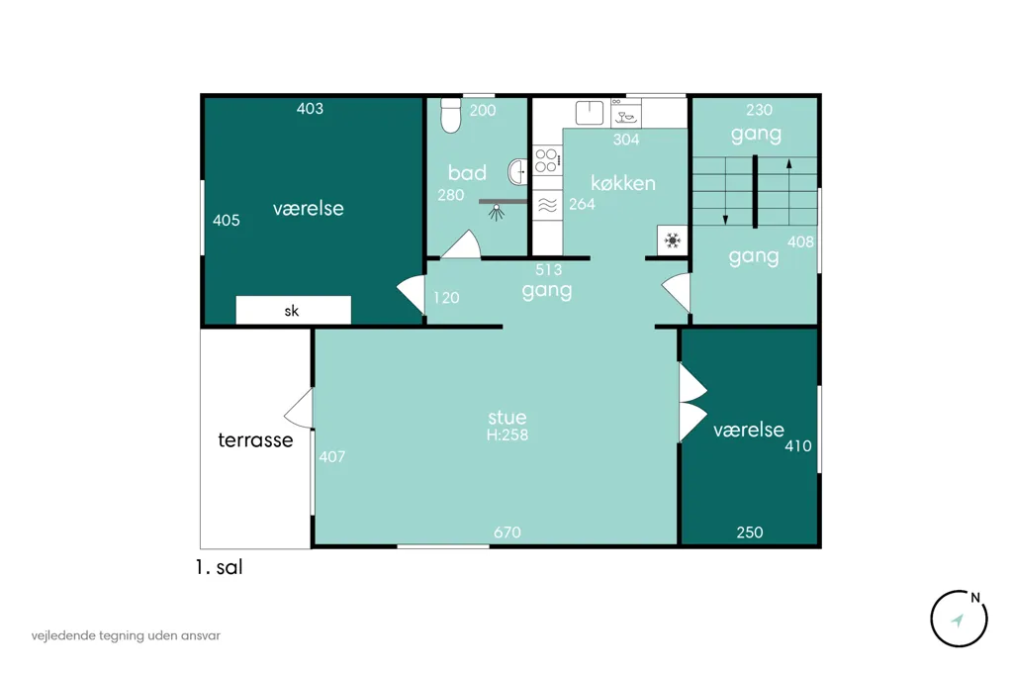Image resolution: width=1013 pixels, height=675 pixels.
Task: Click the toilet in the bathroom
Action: pyautogui.click(x=450, y=116)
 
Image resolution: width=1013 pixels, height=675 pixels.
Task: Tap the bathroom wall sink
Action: pyautogui.click(x=518, y=172)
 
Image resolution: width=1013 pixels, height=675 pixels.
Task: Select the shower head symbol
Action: pyautogui.click(x=497, y=212)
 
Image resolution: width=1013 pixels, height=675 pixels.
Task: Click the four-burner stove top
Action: pyautogui.click(x=546, y=159)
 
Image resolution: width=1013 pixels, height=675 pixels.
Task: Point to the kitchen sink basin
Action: pyautogui.click(x=590, y=113)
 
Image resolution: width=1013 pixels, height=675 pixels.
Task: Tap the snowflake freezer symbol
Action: pyautogui.click(x=673, y=241)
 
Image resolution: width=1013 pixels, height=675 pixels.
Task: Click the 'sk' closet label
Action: pyautogui.click(x=292, y=311)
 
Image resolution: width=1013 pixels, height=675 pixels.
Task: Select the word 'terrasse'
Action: pyautogui.click(x=256, y=440)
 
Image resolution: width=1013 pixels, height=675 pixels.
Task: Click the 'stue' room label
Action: pyautogui.click(x=507, y=417)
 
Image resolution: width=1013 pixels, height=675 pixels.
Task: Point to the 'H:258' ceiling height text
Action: pyautogui.click(x=507, y=435)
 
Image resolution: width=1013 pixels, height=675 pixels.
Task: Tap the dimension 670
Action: pyautogui.click(x=507, y=532)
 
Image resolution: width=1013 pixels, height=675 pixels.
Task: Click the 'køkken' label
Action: pyautogui.click(x=623, y=183)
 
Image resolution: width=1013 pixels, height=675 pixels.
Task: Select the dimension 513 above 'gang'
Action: pyautogui.click(x=548, y=269)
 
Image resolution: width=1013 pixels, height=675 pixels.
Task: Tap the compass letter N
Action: pyautogui.click(x=975, y=598)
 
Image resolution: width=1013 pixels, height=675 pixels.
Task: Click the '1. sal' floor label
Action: pyautogui.click(x=219, y=568)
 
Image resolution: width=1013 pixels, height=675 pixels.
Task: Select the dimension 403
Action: pyautogui.click(x=310, y=109)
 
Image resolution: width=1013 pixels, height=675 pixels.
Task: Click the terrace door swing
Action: pyautogui.click(x=299, y=409)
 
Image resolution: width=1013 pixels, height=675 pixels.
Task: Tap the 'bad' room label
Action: pyautogui.click(x=467, y=172)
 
